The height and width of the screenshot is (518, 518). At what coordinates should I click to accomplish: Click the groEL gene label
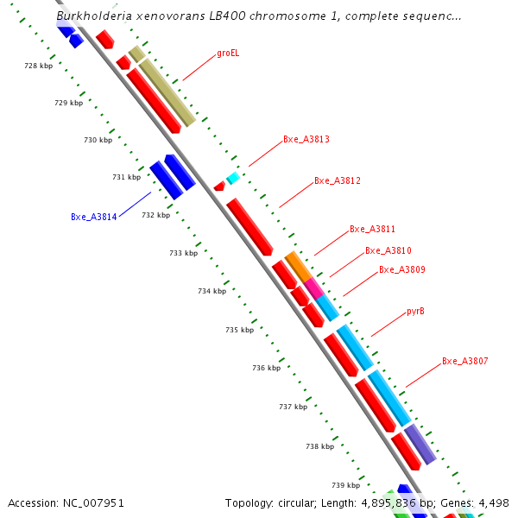[x=228, y=54]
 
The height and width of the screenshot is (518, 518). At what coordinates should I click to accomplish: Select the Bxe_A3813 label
[x=306, y=139]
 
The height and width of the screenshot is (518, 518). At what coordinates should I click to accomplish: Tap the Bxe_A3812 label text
[x=338, y=180]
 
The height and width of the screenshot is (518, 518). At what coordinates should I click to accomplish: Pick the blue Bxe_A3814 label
[x=94, y=217]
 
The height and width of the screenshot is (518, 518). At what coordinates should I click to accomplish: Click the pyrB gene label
[x=415, y=311]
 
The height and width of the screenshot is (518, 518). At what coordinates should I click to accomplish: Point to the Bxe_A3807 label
[x=464, y=361]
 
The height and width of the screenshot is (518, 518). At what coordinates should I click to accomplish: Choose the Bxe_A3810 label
[x=388, y=250]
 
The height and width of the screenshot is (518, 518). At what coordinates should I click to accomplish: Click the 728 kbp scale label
[x=38, y=66]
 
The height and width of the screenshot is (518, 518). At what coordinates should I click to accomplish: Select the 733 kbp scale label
[x=183, y=253]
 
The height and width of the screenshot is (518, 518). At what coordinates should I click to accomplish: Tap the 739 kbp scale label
[x=345, y=485]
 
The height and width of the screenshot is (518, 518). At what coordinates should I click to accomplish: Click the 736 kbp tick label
[x=266, y=368]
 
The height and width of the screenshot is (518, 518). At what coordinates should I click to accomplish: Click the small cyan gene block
[x=233, y=178]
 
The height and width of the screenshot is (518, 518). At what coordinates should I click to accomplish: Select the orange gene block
[x=299, y=267]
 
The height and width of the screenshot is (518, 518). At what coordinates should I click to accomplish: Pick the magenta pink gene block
[x=314, y=288]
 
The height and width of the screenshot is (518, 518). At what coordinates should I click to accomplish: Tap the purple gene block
[x=420, y=445]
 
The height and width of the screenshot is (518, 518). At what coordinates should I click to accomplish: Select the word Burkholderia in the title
[x=94, y=16]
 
